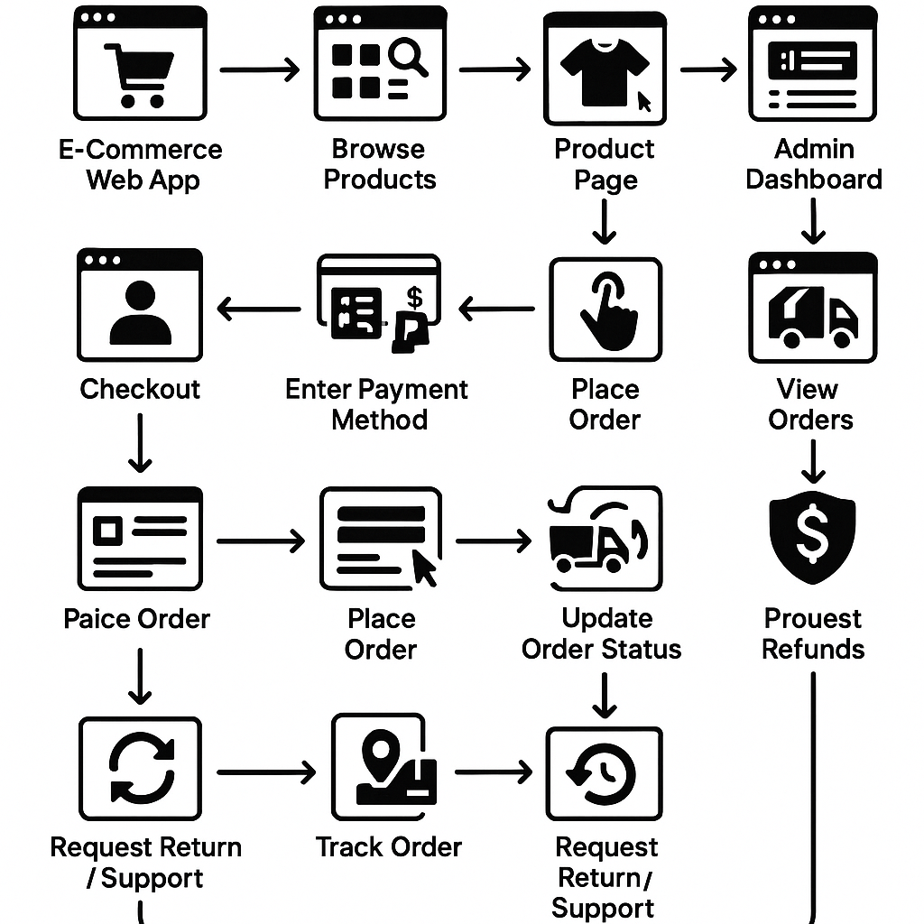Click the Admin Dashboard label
pos(813,163)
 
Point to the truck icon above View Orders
pos(812,317)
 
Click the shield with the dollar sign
pos(812,539)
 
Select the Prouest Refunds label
pos(813,633)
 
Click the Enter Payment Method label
pos(377,404)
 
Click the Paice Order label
pos(136,619)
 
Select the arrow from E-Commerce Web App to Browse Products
pos(260,69)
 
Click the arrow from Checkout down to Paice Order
pos(140,442)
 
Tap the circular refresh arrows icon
pos(140,768)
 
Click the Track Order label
pos(388,847)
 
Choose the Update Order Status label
pos(603,633)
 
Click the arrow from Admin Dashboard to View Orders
pos(813,219)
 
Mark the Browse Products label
pos(379,163)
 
